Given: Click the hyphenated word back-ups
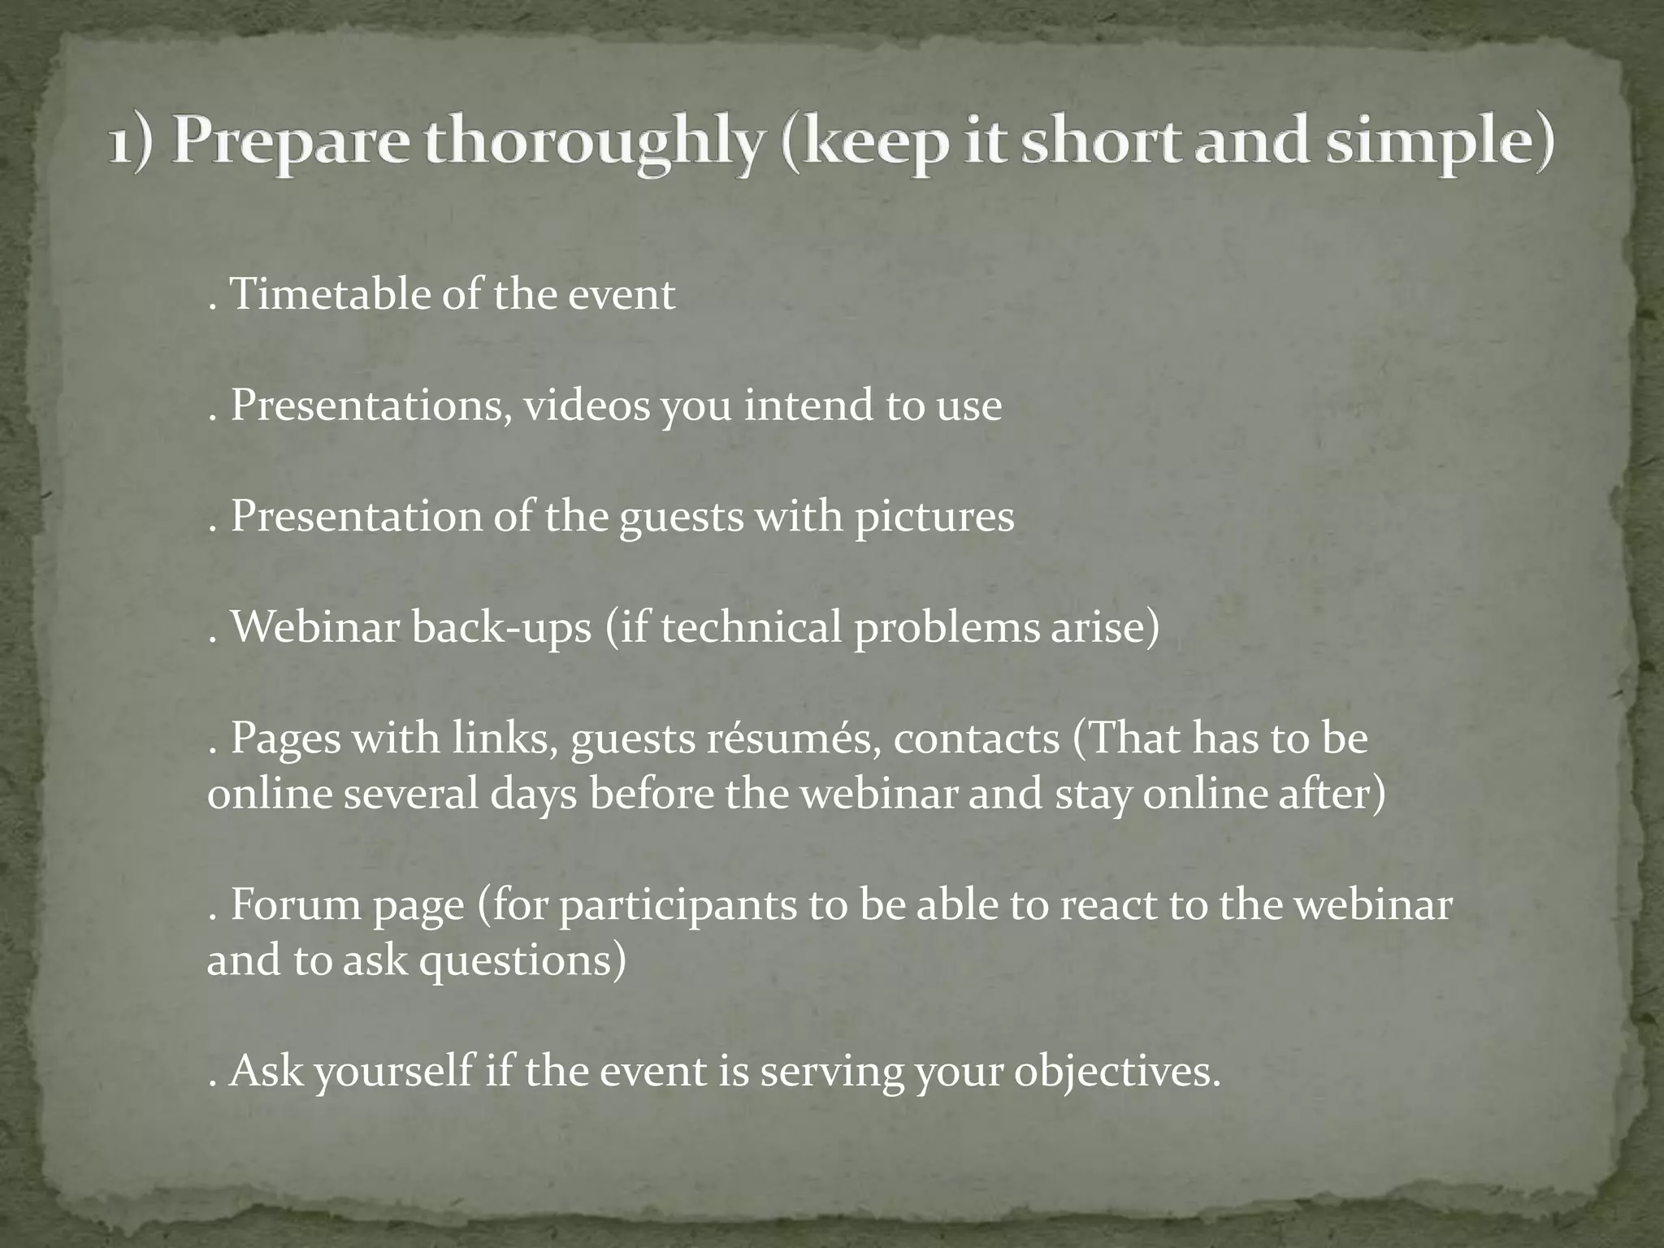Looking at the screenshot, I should pos(501,628).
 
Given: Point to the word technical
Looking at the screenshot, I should pos(751,628).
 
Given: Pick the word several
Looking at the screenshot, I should pos(410,794).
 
